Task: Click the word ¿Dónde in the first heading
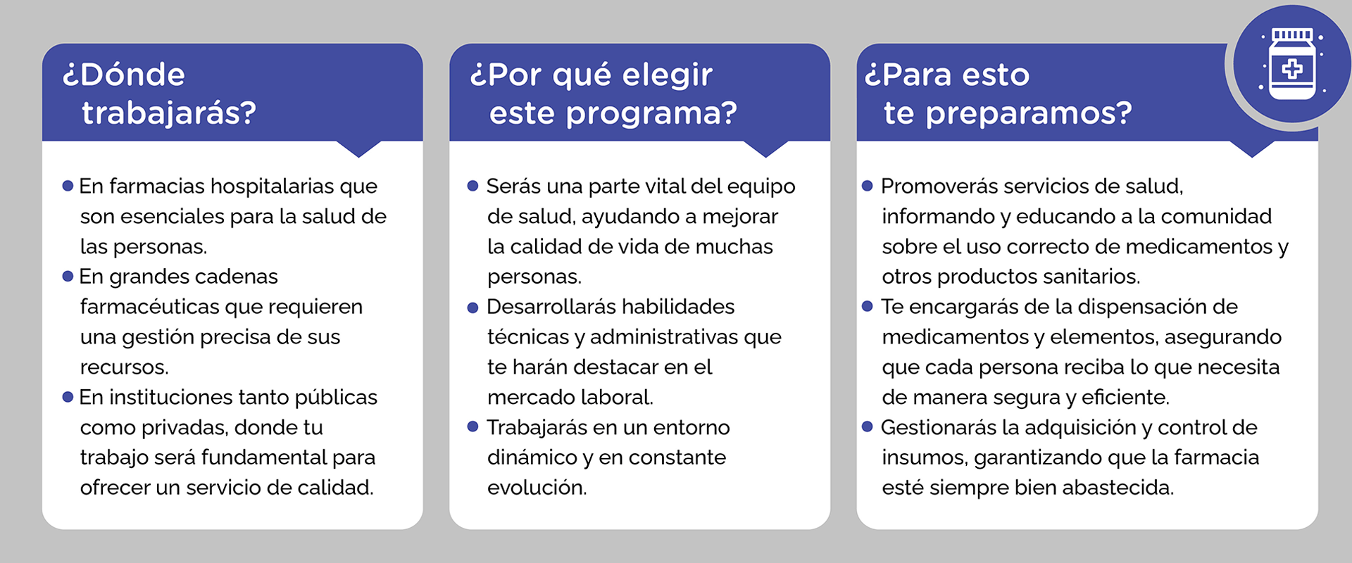124,75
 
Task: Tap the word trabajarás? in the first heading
169,113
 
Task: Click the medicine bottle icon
1292,64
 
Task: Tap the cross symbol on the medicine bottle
1292,69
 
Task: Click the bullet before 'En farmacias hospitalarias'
68,186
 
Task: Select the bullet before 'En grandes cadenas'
68,276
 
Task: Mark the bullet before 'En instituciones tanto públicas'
68,397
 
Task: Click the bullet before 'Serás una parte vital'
473,186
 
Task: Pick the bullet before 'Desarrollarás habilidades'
473,307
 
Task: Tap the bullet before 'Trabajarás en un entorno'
473,426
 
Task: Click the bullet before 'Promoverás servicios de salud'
868,186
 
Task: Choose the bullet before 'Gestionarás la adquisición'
868,426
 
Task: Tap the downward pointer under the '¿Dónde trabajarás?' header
359,148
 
